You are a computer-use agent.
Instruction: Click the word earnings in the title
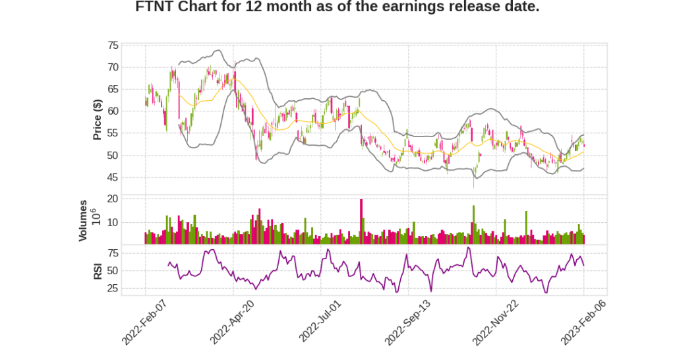click(x=377, y=7)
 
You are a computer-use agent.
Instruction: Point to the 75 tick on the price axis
click(x=113, y=45)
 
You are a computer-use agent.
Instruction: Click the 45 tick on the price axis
click(x=113, y=177)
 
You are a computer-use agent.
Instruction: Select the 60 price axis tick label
click(x=113, y=111)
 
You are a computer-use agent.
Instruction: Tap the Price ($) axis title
click(x=97, y=119)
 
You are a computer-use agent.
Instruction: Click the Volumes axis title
click(x=83, y=220)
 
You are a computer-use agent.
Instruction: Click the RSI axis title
click(x=97, y=270)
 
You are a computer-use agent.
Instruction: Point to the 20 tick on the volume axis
click(x=113, y=198)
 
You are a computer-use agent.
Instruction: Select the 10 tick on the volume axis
click(x=113, y=222)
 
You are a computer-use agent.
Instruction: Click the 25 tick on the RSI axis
click(x=113, y=288)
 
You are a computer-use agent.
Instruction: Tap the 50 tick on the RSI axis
click(x=113, y=270)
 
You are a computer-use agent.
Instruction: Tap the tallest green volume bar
click(x=473, y=225)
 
